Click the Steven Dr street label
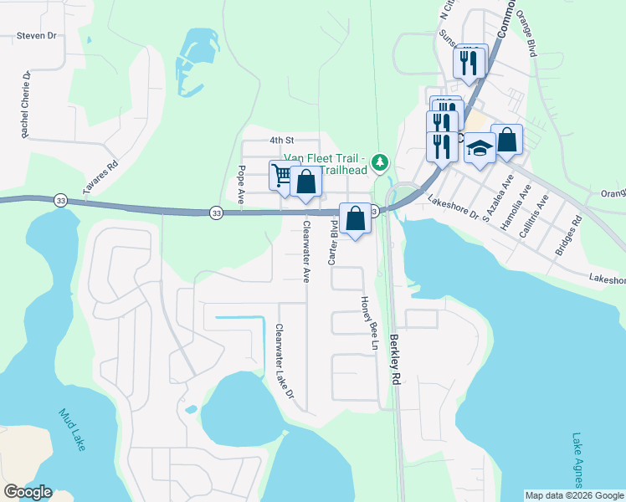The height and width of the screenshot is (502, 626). pyautogui.click(x=36, y=36)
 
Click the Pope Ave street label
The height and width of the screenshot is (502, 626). pyautogui.click(x=241, y=185)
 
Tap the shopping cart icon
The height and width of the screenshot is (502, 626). pyautogui.click(x=282, y=175)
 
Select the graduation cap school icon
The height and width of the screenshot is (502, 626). pyautogui.click(x=480, y=148)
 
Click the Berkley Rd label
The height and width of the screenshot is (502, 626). pyautogui.click(x=395, y=360)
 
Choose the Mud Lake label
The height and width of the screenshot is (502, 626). pyautogui.click(x=71, y=429)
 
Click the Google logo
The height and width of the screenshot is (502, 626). pyautogui.click(x=28, y=492)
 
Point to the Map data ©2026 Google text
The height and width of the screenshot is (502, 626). pyautogui.click(x=574, y=495)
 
